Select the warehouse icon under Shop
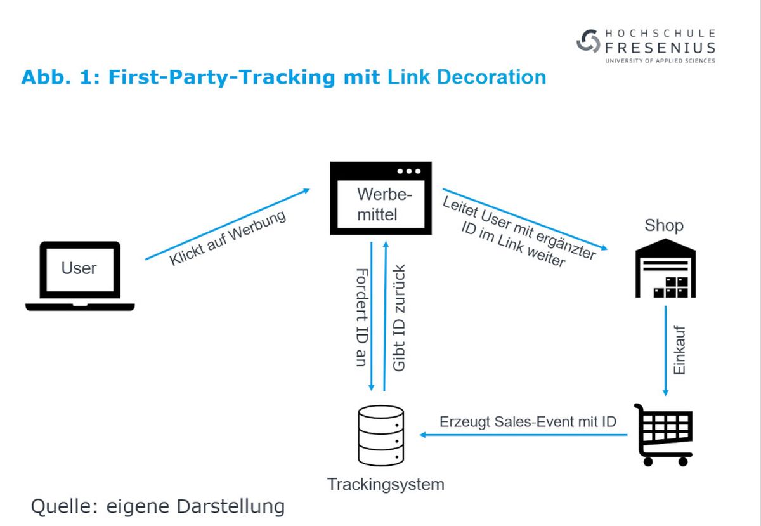(x=665, y=268)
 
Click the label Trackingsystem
(x=386, y=484)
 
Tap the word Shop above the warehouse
(x=664, y=225)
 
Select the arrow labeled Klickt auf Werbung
(x=228, y=224)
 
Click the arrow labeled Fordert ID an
(x=372, y=316)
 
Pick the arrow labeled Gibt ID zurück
(x=385, y=316)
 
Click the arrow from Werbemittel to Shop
(x=525, y=220)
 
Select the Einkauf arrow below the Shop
(x=665, y=351)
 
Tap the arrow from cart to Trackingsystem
(x=523, y=435)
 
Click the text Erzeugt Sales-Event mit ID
(x=528, y=421)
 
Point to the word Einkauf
(x=679, y=350)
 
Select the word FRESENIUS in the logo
(x=660, y=48)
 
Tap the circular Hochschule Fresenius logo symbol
(x=588, y=41)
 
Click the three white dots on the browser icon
(x=409, y=171)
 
